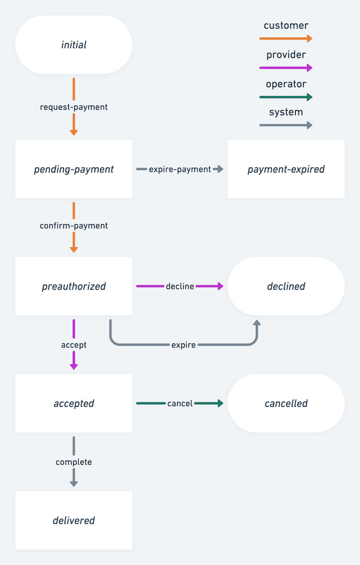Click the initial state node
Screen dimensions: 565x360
tap(74, 45)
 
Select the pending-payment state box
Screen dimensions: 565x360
tap(74, 169)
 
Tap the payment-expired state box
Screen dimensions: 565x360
tap(286, 169)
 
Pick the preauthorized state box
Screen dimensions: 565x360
tap(74, 286)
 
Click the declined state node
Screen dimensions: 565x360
tap(286, 286)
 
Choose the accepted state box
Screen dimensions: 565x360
tap(74, 403)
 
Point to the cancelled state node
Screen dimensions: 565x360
tap(286, 403)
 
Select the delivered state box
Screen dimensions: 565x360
tap(74, 520)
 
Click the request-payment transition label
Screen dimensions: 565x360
tap(74, 107)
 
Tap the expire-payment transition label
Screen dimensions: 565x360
tap(180, 169)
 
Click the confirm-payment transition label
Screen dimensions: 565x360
tap(74, 226)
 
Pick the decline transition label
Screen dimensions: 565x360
tap(180, 286)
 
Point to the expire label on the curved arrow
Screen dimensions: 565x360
tap(183, 345)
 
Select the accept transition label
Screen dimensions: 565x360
tap(74, 345)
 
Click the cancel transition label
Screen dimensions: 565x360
tap(180, 403)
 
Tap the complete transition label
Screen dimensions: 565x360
tap(74, 462)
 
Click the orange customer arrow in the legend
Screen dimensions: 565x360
tap(286, 39)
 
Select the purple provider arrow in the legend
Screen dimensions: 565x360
tap(286, 67)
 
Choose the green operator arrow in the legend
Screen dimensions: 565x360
tap(286, 97)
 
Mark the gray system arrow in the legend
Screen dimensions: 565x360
tap(286, 125)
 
